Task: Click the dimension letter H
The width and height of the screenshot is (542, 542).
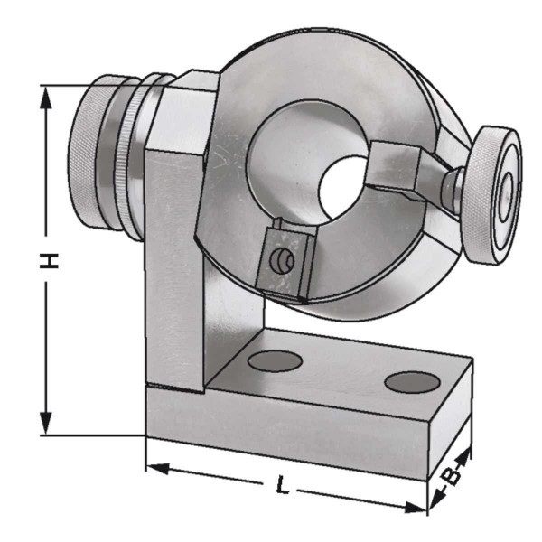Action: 49,260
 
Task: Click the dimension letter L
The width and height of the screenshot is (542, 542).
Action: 283,484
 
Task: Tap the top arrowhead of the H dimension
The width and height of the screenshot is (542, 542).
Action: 46,98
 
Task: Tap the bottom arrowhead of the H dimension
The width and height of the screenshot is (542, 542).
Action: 46,423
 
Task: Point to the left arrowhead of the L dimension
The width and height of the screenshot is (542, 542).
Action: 157,468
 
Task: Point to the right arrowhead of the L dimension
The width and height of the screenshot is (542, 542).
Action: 416,508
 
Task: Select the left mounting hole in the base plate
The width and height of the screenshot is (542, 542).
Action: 276,360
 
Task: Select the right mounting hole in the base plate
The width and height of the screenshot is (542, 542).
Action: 412,382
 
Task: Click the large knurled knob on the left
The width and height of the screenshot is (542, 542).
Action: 89,152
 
